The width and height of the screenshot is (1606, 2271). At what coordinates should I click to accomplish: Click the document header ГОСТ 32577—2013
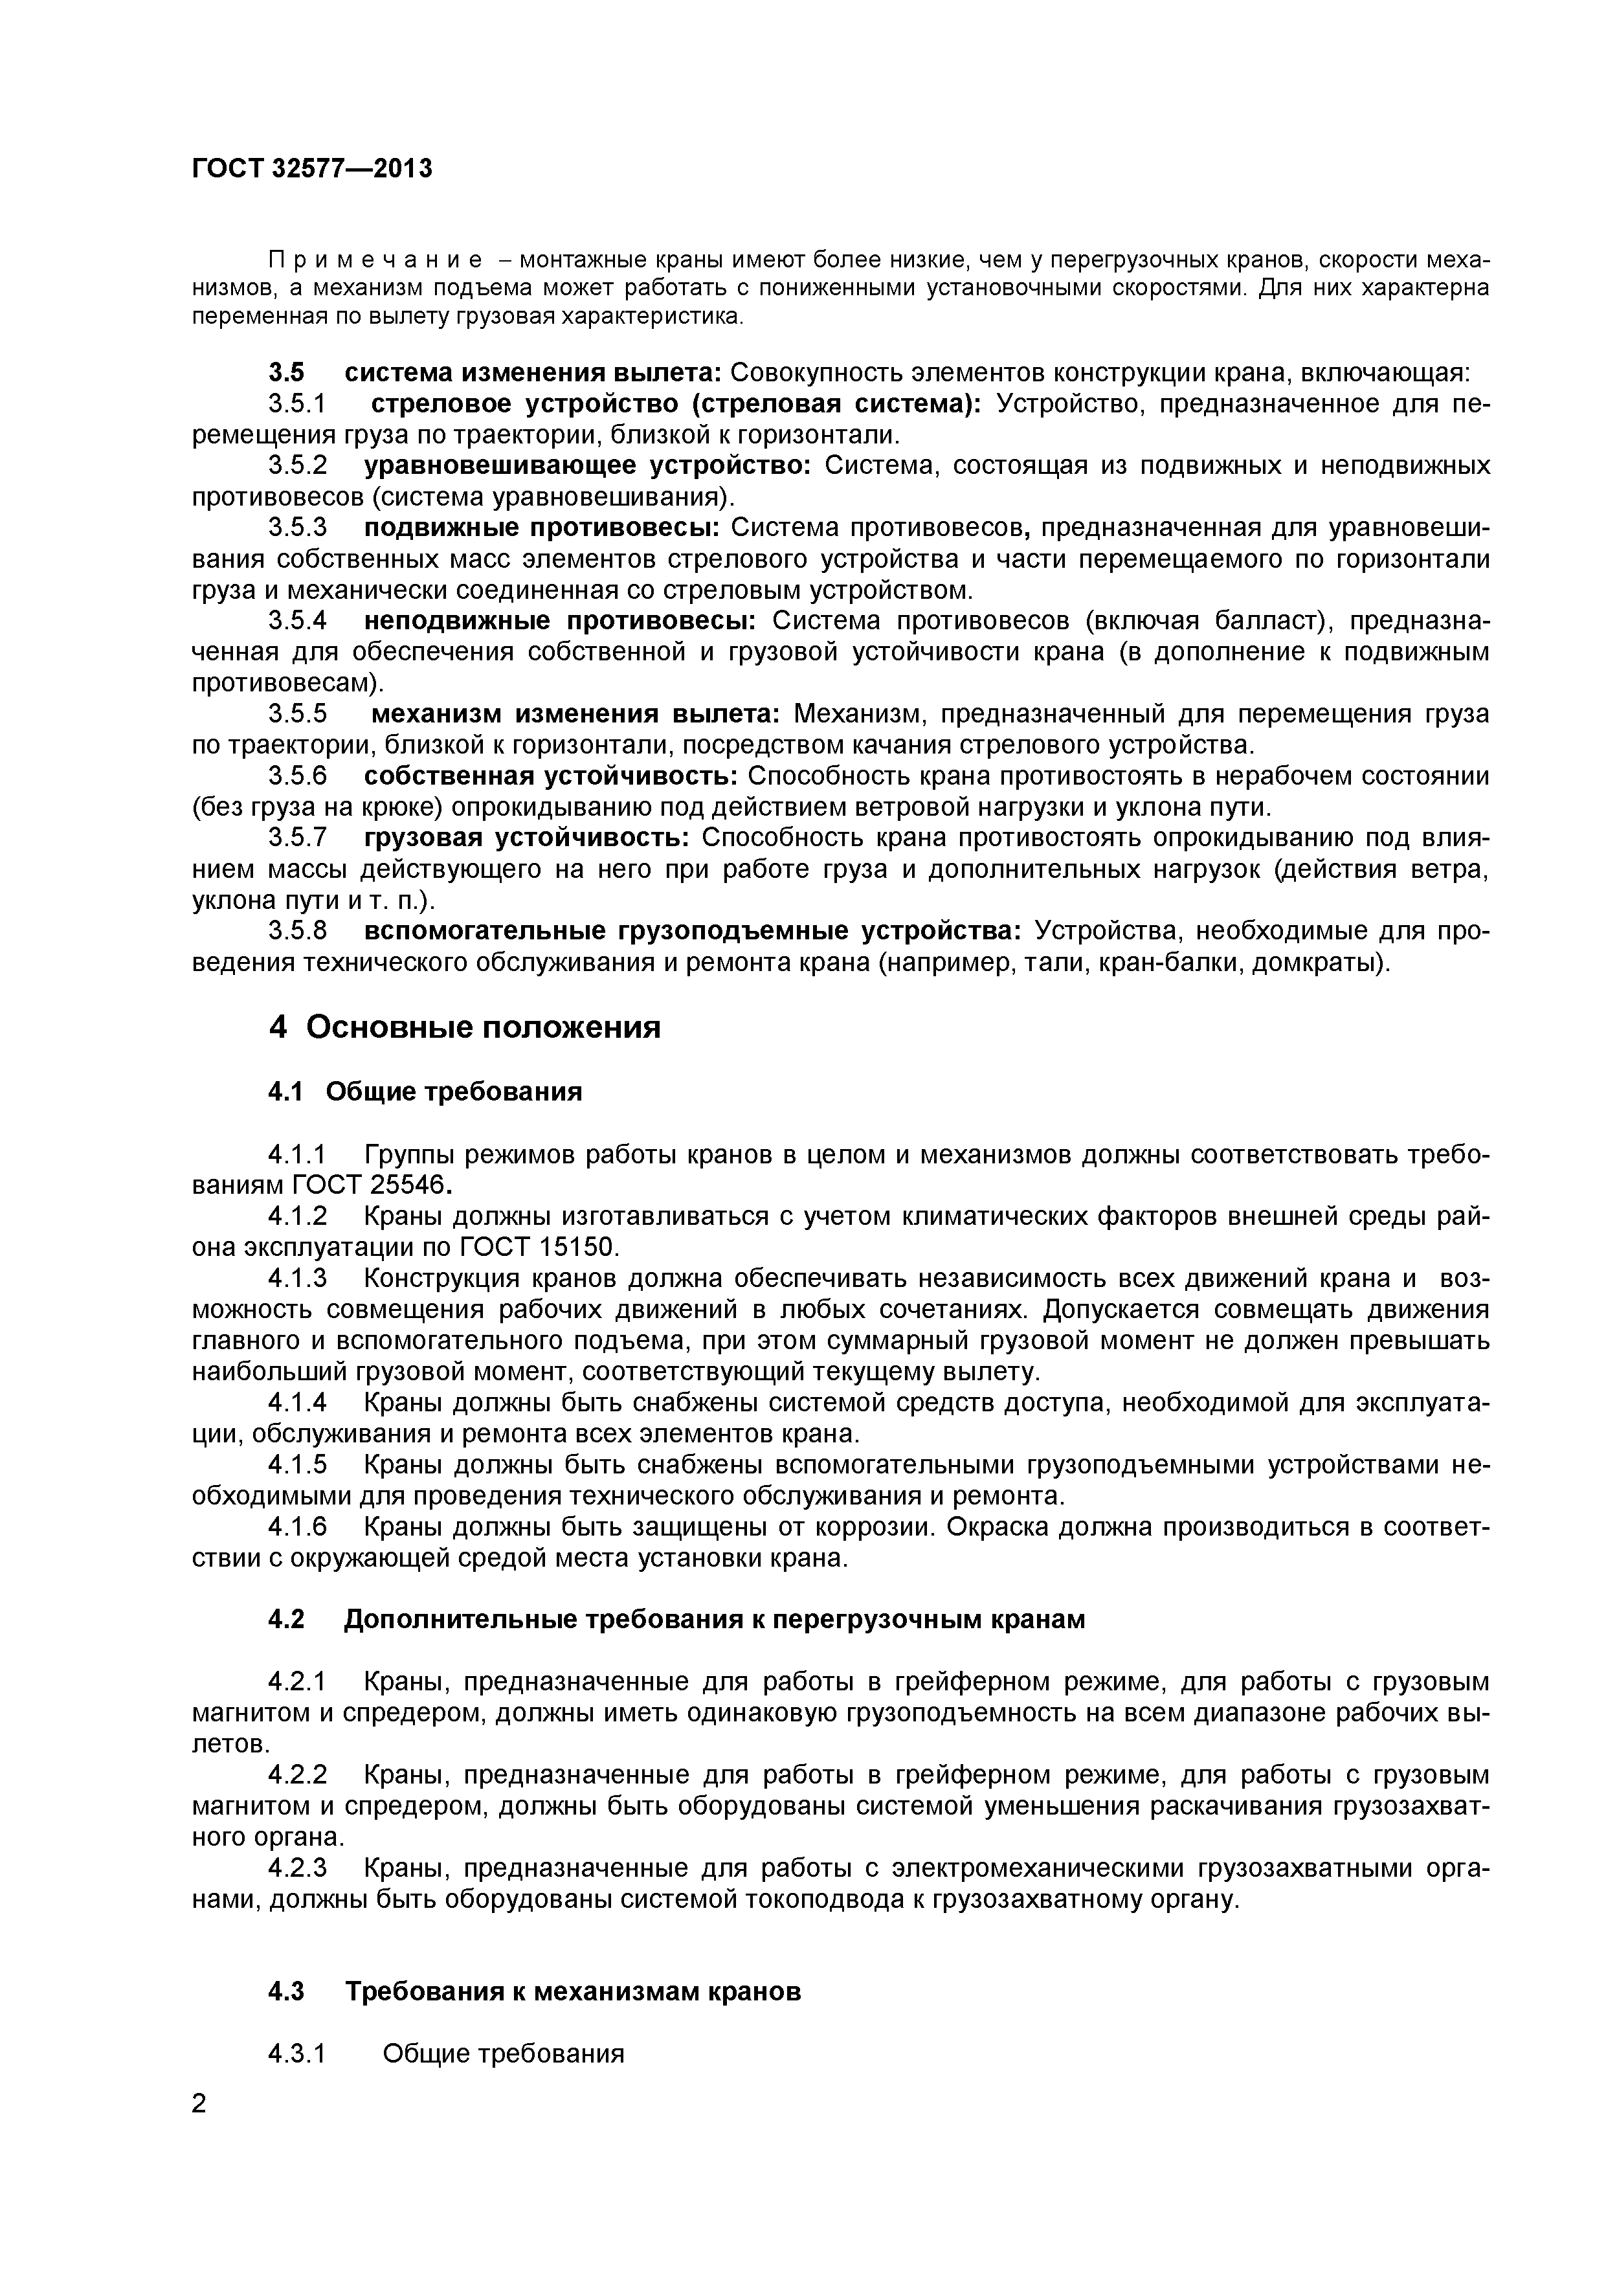311,169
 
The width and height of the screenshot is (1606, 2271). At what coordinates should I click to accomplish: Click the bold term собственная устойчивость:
552,776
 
